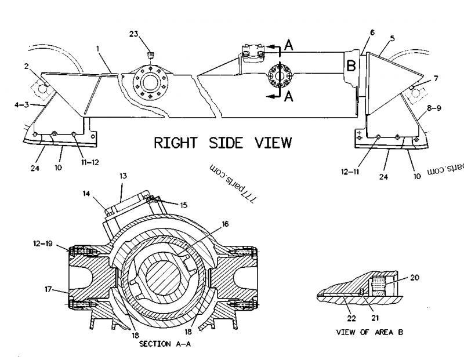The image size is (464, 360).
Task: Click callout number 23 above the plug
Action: [134, 34]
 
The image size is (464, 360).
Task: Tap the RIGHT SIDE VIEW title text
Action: [223, 143]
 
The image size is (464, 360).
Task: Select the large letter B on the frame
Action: [351, 66]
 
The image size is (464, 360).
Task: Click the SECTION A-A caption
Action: [165, 344]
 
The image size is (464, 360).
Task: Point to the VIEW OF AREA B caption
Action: [369, 332]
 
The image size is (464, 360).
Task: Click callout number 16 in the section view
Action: [225, 224]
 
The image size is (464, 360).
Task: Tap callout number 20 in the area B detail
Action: [415, 278]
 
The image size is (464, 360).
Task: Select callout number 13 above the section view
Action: [123, 176]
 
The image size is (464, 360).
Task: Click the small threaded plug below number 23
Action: [151, 54]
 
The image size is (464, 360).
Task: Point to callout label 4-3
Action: [22, 104]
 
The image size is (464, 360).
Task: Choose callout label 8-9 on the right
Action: [434, 108]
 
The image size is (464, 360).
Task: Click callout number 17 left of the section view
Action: [48, 289]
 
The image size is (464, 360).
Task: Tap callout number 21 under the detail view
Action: [375, 318]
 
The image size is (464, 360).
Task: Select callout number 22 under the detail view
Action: [351, 318]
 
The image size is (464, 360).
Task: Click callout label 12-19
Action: [43, 243]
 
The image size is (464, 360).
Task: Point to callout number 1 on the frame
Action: [97, 49]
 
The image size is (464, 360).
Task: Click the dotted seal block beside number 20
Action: [379, 286]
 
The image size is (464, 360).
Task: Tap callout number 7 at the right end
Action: [436, 78]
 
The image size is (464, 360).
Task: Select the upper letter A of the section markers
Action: [288, 45]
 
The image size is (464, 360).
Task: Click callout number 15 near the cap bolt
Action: [184, 205]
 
